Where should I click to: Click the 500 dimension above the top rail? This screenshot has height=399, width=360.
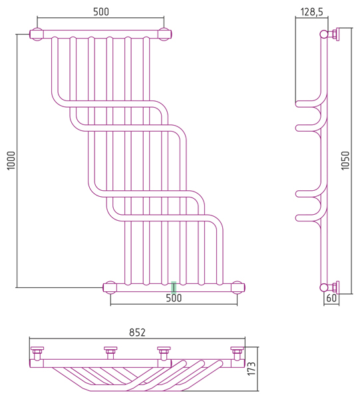tap(101, 12)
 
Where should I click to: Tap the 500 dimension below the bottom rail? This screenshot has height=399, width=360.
tap(174, 298)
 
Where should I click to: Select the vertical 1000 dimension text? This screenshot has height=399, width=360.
tap(11, 160)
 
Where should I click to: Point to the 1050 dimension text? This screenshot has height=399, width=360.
tap(345, 160)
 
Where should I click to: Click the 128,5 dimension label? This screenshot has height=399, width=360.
tap(311, 12)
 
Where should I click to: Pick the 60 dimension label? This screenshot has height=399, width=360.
tap(331, 298)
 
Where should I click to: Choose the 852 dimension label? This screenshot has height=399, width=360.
tap(137, 332)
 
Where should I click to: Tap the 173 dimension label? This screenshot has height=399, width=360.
tap(252, 368)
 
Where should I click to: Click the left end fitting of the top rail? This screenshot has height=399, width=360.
tap(37, 34)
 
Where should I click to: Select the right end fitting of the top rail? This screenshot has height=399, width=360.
tap(165, 34)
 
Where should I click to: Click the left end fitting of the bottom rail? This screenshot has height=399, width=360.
tap(110, 287)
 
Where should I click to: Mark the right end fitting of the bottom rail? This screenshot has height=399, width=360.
tap(238, 287)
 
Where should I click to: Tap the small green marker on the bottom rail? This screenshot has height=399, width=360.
tap(174, 287)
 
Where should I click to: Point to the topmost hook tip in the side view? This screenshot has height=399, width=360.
tap(297, 104)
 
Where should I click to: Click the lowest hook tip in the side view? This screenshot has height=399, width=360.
tap(297, 218)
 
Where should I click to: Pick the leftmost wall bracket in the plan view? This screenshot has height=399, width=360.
tap(37, 352)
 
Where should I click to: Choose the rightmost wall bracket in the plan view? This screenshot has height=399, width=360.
tap(238, 352)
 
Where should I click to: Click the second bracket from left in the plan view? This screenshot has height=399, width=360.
tap(110, 352)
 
